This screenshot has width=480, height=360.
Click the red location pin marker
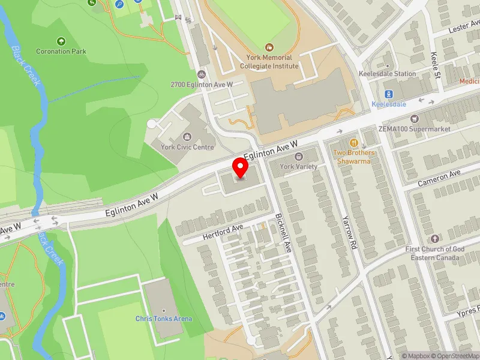pyautogui.click(x=241, y=167)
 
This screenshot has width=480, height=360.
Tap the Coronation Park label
pyautogui.click(x=61, y=52)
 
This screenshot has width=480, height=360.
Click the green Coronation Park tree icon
pyautogui.click(x=61, y=41)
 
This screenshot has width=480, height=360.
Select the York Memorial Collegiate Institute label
pyautogui.click(x=269, y=60)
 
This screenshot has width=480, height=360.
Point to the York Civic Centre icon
pyautogui.click(x=188, y=137)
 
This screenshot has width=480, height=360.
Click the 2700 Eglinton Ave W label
pyautogui.click(x=202, y=85)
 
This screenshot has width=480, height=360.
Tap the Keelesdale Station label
pyautogui.click(x=387, y=74)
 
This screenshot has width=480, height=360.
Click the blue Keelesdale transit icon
pyautogui.click(x=389, y=94)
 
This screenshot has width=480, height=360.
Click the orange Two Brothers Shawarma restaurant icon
pyautogui.click(x=354, y=143)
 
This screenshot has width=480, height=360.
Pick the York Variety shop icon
pyautogui.click(x=299, y=157)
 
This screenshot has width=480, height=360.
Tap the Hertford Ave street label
pyautogui.click(x=223, y=231)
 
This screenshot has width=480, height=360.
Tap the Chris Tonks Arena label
pyautogui.click(x=164, y=319)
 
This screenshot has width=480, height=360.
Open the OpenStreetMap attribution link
pyautogui.click(x=454, y=356)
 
